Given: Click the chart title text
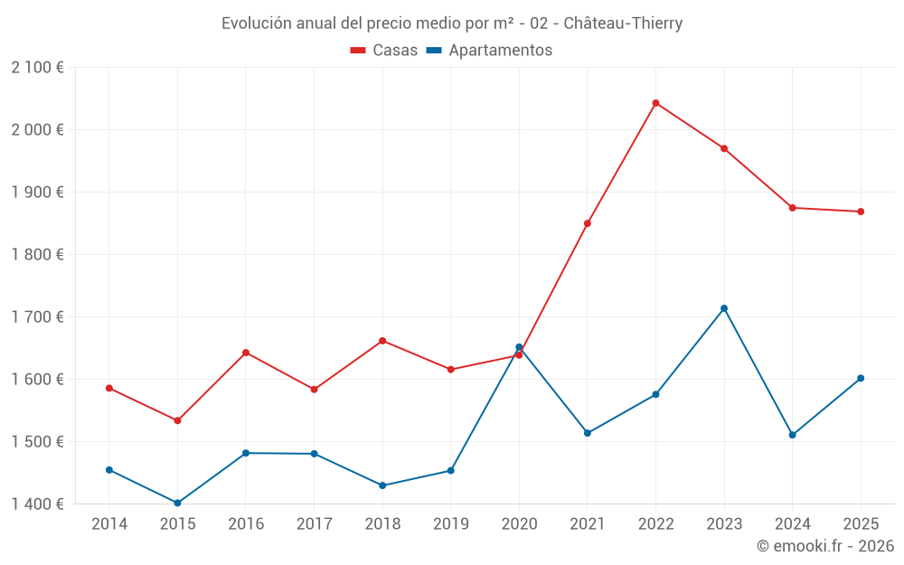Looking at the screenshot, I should [x=452, y=23].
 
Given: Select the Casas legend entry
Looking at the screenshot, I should [x=384, y=51].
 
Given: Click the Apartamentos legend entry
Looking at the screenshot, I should [x=488, y=51].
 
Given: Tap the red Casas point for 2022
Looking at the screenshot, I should [x=655, y=103].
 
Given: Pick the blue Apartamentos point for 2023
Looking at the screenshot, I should [x=724, y=308].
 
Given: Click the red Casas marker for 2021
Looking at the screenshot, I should [x=588, y=223].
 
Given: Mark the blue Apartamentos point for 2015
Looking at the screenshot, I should [x=177, y=503].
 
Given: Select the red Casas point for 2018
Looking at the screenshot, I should [x=382, y=341].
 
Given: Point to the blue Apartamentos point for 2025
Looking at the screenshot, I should [x=861, y=378].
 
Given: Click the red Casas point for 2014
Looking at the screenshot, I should [x=109, y=388].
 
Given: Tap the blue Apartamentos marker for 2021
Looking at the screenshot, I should [x=588, y=433].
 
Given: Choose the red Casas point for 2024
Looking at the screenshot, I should [x=792, y=208].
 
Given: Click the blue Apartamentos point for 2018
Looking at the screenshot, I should [x=382, y=485].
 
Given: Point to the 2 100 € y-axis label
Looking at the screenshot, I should [x=37, y=68].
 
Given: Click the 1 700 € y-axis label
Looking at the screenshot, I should [x=37, y=317].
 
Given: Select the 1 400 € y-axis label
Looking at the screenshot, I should [x=37, y=504].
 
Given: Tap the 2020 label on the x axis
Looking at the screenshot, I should [x=519, y=524].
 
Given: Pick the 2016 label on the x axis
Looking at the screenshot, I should [x=246, y=524].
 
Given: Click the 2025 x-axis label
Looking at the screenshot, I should [x=861, y=524].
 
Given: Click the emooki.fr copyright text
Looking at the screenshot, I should [x=824, y=546].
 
